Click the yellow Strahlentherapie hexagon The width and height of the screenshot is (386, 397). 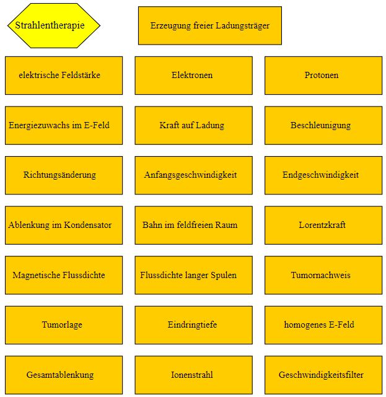(54, 25)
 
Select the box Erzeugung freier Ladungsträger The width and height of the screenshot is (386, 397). (210, 25)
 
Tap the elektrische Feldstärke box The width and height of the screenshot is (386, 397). (64, 76)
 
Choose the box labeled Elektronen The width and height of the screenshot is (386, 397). (194, 76)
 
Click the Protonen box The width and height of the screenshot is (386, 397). (323, 76)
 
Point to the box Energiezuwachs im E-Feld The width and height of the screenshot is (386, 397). (64, 126)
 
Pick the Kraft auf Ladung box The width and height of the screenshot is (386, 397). (194, 126)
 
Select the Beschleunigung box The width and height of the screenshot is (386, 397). (323, 126)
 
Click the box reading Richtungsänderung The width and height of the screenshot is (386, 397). (64, 175)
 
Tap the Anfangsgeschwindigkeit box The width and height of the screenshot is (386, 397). (194, 175)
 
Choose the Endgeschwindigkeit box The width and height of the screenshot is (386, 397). (323, 175)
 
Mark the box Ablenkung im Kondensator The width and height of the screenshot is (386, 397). (64, 225)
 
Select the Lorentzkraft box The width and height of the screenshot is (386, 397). (323, 225)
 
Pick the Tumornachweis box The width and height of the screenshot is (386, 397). (323, 275)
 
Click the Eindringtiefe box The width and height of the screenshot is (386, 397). (194, 325)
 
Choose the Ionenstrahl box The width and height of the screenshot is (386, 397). (194, 375)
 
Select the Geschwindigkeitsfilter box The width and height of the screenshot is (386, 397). (323, 375)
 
